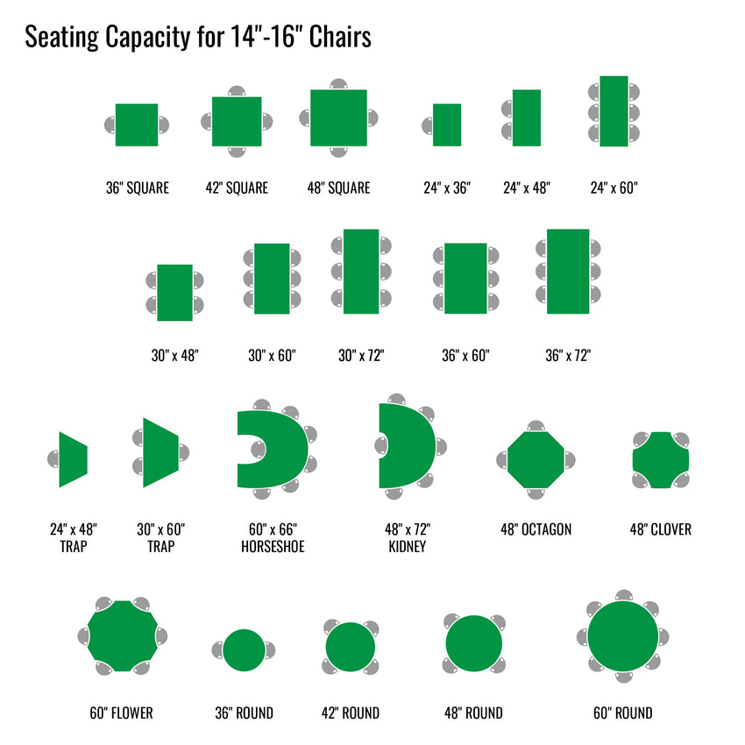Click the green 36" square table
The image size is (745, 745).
(137, 125)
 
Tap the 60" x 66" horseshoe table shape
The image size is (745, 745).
(285, 449)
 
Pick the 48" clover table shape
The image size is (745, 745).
(661, 460)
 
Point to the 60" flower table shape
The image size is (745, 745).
(123, 636)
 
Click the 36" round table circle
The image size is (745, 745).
(245, 650)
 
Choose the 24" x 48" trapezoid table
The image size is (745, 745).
(73, 459)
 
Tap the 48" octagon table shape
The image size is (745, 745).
(536, 460)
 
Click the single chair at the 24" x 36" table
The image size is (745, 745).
(428, 126)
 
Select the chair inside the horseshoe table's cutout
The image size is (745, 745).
(259, 450)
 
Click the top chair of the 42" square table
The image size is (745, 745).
(237, 91)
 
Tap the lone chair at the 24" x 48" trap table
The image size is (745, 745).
(53, 459)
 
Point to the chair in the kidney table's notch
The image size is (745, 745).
(381, 445)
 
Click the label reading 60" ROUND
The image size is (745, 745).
(623, 713)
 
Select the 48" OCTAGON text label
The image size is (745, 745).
(536, 529)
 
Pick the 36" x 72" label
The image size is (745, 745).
(568, 355)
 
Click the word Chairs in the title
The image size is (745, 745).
(340, 37)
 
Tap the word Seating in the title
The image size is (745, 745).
(61, 38)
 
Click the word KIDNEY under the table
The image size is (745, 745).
(408, 546)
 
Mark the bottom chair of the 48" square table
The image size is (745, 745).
(339, 152)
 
